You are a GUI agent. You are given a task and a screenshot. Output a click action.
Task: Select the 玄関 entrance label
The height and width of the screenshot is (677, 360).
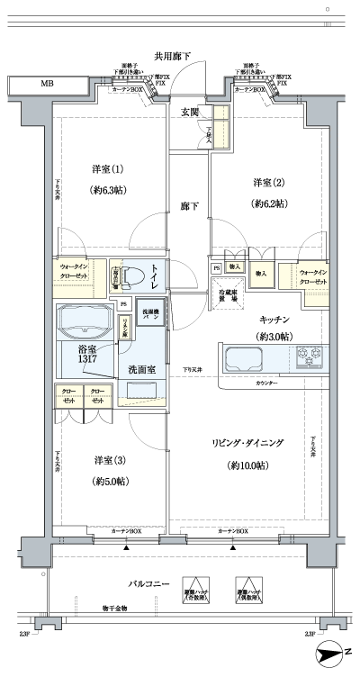point(189,112)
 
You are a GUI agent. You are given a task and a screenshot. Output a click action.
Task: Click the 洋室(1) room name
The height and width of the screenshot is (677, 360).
point(105,169)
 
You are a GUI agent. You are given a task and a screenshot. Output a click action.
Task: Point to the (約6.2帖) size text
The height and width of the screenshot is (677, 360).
point(268,204)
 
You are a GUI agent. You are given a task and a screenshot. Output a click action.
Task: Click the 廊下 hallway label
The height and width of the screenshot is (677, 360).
point(188,206)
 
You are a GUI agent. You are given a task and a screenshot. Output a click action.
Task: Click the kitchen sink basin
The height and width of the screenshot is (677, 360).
point(242,357)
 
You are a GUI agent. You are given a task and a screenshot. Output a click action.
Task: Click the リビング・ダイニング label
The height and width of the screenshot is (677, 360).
point(248,443)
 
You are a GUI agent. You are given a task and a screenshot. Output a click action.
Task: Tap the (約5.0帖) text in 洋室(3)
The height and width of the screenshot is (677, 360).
point(108,482)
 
